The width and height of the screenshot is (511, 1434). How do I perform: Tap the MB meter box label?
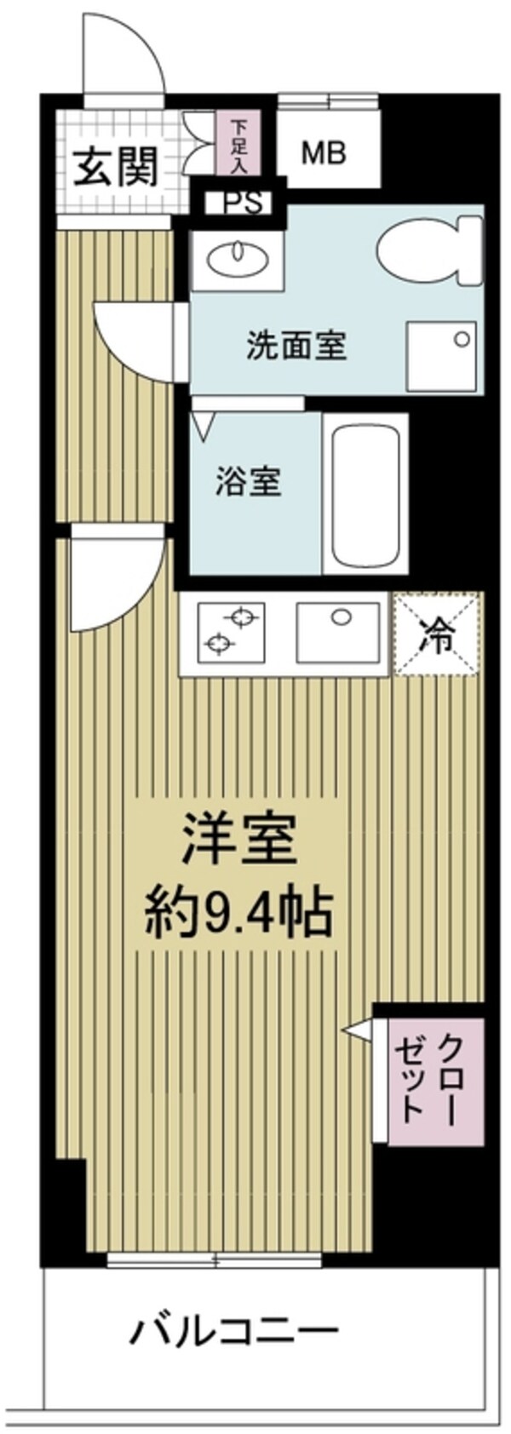[324, 153]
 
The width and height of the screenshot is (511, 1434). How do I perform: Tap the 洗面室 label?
[296, 346]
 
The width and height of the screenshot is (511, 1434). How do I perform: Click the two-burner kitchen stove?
[231, 632]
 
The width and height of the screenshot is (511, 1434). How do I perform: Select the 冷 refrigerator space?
[437, 635]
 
